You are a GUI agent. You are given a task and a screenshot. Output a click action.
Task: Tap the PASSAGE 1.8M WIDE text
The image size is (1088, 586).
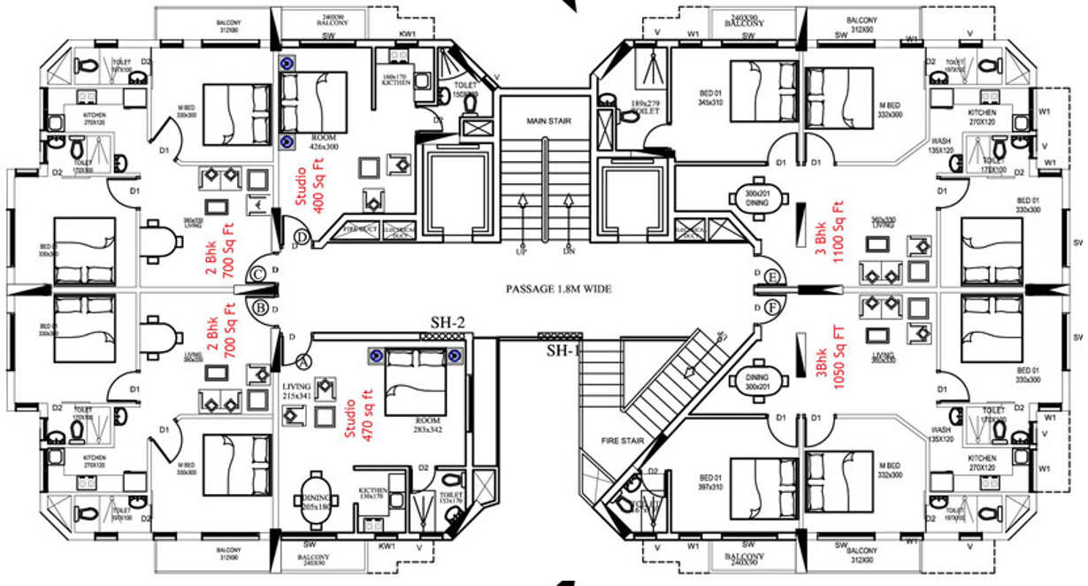[558, 289]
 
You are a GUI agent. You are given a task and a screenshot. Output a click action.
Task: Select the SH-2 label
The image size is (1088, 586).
[448, 322]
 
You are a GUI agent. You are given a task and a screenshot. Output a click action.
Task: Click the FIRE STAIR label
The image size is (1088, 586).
[622, 441]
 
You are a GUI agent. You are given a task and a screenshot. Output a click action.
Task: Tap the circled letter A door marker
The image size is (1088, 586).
[303, 361]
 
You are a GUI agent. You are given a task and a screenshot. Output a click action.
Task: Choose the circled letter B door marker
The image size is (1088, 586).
[261, 309]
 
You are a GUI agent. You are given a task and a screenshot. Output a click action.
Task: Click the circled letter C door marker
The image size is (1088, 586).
[258, 274]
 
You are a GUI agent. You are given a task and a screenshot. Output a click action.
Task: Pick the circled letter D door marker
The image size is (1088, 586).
[303, 237]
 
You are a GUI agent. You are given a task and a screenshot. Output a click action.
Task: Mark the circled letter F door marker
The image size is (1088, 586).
[773, 308]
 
